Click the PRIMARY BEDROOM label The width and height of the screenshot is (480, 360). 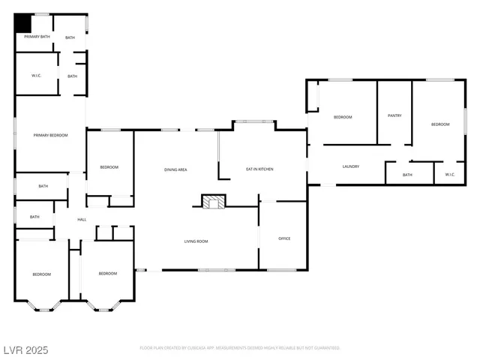pos(50,135)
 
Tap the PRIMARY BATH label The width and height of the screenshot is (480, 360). pos(37,36)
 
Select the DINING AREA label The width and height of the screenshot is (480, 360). pos(175,169)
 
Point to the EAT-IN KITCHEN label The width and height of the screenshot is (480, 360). pos(259,169)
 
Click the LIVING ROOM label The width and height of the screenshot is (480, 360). pos(196,241)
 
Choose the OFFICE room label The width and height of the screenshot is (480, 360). pos(284,238)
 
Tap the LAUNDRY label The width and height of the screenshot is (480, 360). pos(350,166)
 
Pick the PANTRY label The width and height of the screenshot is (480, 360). pos(394,115)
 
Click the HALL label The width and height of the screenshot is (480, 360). pos(82,220)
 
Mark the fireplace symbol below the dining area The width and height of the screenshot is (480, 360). pos(213,201)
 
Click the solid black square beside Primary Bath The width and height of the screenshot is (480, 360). pos(23,22)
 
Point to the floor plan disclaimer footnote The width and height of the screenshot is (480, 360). pos(240,348)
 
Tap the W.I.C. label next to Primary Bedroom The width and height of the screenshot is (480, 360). pos(36,75)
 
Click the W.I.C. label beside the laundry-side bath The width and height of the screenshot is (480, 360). pos(450,175)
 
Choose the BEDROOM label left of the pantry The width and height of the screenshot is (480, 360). pos(343,117)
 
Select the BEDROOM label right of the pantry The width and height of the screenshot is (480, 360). pos(440,124)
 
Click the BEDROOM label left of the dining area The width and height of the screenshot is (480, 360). pos(109,166)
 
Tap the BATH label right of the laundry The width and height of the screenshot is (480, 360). pos(407,175)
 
